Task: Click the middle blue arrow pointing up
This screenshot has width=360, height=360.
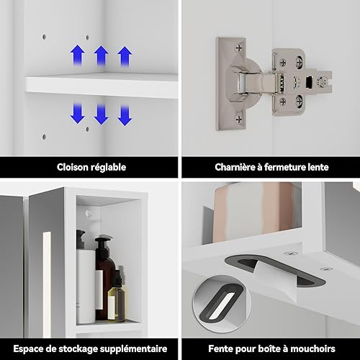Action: click(101, 56)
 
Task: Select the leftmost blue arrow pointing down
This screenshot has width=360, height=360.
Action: click(78, 114)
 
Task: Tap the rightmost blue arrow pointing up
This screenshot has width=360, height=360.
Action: click(125, 57)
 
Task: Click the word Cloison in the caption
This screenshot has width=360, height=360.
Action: click(71, 167)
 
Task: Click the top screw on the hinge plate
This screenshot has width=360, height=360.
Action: click(238, 48)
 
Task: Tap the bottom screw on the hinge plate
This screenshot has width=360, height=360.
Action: click(239, 119)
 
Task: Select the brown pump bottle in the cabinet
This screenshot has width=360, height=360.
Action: click(105, 279)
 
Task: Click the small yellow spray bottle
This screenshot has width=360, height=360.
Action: click(116, 297)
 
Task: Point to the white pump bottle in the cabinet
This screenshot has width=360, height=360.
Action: click(85, 279)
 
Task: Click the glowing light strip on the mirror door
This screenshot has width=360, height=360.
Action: click(46, 284)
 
